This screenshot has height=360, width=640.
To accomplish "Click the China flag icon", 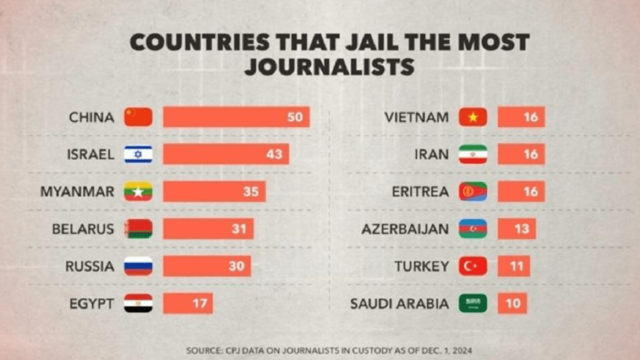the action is tap(138, 117).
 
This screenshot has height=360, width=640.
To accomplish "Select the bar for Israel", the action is tap(226, 154).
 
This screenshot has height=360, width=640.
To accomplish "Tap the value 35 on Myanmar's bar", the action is tap(251, 191).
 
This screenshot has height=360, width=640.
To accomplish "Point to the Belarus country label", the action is tap(83, 229).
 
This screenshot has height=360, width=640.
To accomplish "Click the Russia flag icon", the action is tap(138, 266).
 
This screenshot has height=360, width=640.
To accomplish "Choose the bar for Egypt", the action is tap(187, 303).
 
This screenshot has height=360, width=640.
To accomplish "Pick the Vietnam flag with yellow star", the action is tap(472, 117).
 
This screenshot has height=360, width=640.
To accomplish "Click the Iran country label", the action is tap(431, 155).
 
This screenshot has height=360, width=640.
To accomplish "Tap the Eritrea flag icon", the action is tap(472, 191).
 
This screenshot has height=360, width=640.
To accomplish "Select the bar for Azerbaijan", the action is tap(516, 229).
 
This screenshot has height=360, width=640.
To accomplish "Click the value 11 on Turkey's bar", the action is tap(516, 266).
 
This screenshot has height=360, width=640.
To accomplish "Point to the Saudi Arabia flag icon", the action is tap(472, 303).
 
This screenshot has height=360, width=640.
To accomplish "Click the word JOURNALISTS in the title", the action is tap(330, 67).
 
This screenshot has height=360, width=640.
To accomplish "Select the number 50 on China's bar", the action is tap(295, 117).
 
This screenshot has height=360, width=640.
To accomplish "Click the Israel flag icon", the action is tap(138, 154).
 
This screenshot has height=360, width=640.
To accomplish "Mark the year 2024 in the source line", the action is tap(462, 350).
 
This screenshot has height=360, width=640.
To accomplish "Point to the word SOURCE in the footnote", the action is tap(204, 350).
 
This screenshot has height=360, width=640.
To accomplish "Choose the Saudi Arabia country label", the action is tap(399, 304).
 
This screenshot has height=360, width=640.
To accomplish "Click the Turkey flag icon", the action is tap(472, 266).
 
